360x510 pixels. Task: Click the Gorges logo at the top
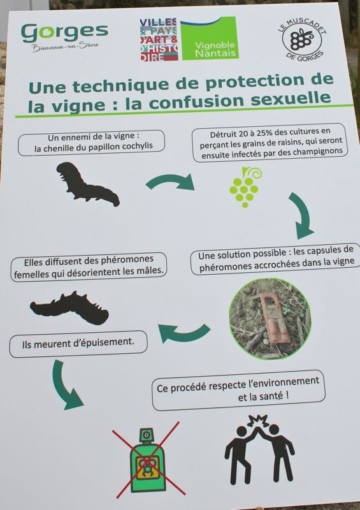point(64,37)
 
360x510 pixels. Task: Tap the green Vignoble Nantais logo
point(210,38)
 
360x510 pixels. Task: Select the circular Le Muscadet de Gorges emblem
point(302,40)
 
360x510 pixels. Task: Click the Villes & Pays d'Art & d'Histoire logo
point(159,40)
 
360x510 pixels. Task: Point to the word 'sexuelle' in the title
point(291,99)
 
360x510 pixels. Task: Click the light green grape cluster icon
point(245,187)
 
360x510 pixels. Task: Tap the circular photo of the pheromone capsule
point(270,318)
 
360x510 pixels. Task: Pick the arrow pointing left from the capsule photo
point(184,334)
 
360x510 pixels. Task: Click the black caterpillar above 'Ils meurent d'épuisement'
point(70,308)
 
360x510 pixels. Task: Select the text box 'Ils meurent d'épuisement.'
point(78,344)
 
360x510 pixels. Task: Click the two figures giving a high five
point(259,449)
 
